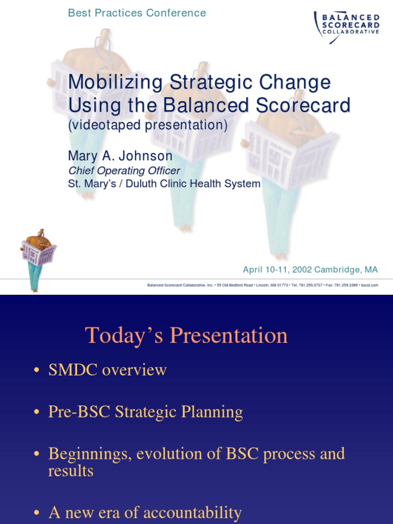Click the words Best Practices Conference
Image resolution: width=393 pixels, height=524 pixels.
(137, 13)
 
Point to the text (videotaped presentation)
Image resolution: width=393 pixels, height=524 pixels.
(148, 126)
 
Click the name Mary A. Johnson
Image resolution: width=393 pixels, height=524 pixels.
(120, 155)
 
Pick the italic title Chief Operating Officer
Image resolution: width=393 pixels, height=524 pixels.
(124, 170)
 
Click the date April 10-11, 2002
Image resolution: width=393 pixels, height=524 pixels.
(277, 270)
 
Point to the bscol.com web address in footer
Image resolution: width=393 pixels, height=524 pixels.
(369, 285)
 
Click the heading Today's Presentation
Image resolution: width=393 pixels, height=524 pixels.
(186, 336)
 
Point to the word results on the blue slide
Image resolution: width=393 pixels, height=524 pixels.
(71, 471)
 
